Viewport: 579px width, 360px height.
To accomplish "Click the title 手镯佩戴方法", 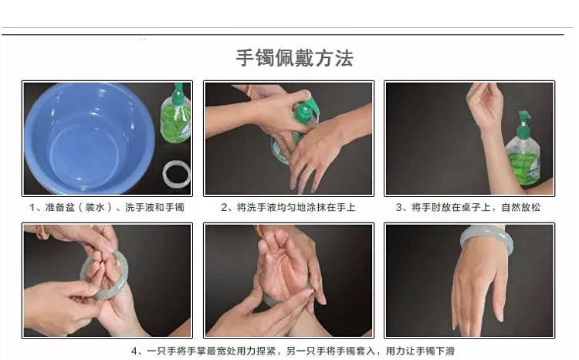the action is click(x=295, y=58).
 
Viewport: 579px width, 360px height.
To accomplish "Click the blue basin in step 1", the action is click(x=90, y=138).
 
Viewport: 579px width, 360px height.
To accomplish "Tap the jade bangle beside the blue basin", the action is click(x=177, y=174).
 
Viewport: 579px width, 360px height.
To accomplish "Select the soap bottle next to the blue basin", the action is click(x=176, y=114).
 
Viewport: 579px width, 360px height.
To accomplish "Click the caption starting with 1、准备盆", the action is click(x=107, y=207).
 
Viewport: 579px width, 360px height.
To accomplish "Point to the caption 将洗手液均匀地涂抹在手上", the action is click(x=296, y=207).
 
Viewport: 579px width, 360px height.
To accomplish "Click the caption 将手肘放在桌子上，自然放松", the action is click(x=476, y=207).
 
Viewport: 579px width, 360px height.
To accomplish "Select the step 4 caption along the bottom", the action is click(x=293, y=351).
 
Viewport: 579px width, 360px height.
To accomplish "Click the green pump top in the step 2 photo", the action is click(x=307, y=107).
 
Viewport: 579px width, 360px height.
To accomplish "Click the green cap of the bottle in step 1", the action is click(x=178, y=94).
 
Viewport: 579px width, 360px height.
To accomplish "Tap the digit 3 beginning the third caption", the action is click(x=399, y=207).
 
